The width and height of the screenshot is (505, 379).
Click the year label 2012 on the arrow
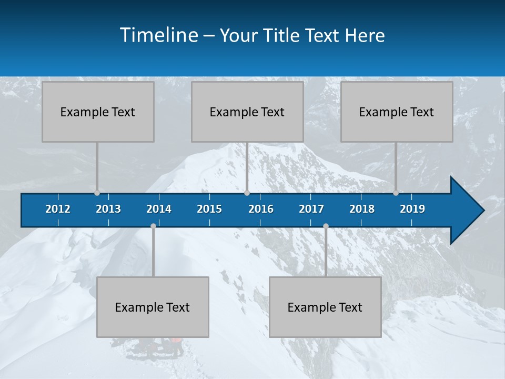pos(58,209)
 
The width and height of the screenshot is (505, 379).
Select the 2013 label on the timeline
pos(108,209)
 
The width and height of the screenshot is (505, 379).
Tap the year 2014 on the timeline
pos(159,209)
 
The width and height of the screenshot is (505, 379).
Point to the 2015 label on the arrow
pos(209,209)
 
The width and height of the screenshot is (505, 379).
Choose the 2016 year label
pos(261,209)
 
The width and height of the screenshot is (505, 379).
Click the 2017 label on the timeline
pos(311,209)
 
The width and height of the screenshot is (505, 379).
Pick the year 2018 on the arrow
pos(362,209)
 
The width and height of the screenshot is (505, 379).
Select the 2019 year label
pos(412,209)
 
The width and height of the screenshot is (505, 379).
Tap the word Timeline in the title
pos(158,35)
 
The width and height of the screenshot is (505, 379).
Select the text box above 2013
pos(98,112)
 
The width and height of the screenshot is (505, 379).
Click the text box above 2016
pos(247,112)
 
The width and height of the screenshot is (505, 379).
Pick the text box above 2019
pos(397,112)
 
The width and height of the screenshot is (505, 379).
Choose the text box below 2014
pos(153,307)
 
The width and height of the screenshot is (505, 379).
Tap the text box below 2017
pos(325,307)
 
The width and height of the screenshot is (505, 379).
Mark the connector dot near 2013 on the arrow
pos(97,193)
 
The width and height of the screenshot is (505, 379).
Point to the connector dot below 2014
pos(153,226)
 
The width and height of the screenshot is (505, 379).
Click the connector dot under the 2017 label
pos(326,226)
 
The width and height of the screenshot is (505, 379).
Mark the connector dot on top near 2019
pos(396,193)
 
